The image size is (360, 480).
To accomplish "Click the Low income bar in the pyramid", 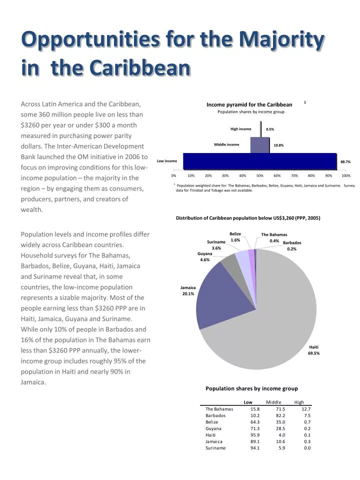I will coord(260,161).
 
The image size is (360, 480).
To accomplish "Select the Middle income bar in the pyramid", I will coord(259,145).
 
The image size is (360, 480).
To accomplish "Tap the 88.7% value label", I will coord(345,162).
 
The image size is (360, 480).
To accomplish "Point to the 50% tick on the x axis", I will coord(260,176).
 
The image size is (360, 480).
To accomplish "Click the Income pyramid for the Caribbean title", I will coord(249,104).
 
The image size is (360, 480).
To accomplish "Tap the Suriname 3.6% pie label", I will coord(216,245).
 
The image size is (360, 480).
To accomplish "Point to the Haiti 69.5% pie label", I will coord(313,350).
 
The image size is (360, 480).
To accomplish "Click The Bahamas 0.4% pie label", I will coord(274,237).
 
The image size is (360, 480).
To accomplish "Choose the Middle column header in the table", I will coord(273,402).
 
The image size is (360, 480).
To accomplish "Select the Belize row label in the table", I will coord(212,422).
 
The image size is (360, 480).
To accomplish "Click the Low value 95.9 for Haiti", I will coord(254,435).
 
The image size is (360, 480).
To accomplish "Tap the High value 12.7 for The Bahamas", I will coord(306,409).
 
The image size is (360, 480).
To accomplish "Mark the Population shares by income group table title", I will coord(251,388).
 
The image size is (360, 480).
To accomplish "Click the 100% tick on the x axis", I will coord(345,176).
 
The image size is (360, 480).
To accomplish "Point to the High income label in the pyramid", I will coord(240,129).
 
